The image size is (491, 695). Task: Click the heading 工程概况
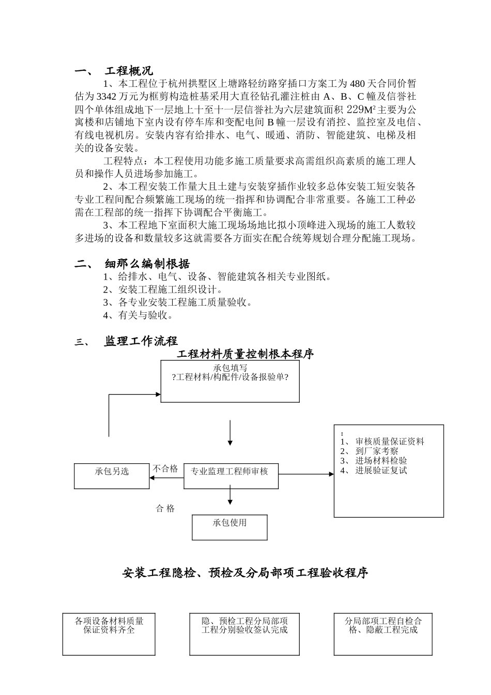click(x=129, y=71)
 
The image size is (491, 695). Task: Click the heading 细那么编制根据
click(x=147, y=264)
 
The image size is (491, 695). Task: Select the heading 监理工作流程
click(x=141, y=341)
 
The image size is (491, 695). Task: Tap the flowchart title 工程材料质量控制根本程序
click(x=245, y=354)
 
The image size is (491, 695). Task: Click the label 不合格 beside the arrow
click(x=165, y=469)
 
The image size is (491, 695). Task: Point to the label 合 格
click(x=165, y=509)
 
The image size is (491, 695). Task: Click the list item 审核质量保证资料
click(x=390, y=442)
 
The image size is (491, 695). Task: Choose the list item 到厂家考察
click(x=377, y=451)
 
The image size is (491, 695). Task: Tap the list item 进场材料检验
click(x=381, y=461)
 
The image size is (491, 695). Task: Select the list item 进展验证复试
click(x=381, y=471)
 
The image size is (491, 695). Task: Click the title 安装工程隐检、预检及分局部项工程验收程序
click(x=245, y=573)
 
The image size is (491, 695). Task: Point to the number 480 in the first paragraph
click(x=358, y=84)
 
